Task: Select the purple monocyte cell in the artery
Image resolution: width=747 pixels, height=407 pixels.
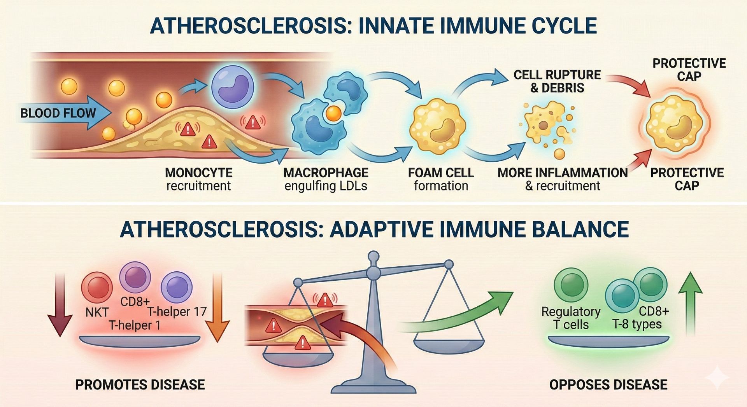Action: point(232,87)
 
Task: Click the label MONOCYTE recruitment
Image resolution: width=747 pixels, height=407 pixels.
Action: point(198,179)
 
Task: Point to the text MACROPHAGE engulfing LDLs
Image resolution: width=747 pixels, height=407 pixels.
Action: point(326,179)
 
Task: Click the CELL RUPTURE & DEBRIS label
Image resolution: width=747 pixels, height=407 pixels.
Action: point(557,81)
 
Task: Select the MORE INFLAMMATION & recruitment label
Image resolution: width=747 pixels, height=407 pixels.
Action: point(563,179)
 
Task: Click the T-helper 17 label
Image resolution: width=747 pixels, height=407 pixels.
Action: point(177,311)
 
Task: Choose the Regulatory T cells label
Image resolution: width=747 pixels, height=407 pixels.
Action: point(571,318)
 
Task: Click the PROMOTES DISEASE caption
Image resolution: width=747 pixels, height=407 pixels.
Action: point(140,384)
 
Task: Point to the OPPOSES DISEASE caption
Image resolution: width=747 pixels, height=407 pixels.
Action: point(608,384)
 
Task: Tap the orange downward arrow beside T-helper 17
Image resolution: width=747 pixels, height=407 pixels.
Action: point(217,307)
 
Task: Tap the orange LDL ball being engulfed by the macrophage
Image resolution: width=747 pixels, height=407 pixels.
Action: point(333,114)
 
